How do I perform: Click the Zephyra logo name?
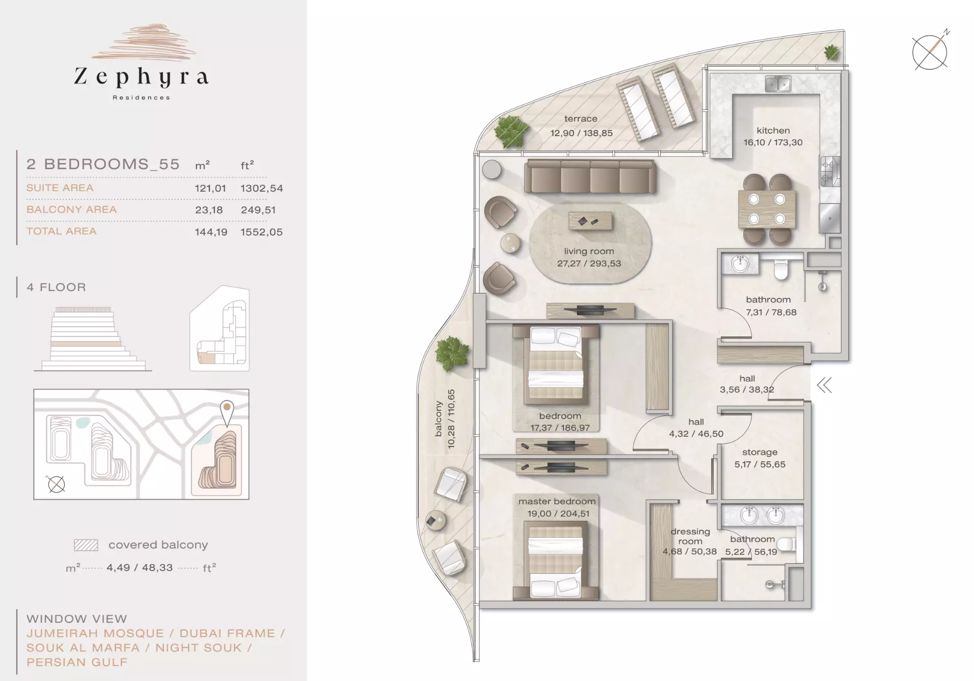click(142, 76)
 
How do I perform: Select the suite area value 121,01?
click(210, 188)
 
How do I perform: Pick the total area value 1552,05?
click(261, 232)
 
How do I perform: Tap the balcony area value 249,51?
click(258, 210)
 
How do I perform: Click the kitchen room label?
click(773, 130)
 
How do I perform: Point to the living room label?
click(589, 251)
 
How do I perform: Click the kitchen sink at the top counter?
click(778, 84)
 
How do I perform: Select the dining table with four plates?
click(767, 209)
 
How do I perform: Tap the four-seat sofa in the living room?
click(590, 176)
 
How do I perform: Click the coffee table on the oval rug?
click(590, 221)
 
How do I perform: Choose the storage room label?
click(760, 452)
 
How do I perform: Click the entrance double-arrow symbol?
click(824, 385)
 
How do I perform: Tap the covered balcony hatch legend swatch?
click(86, 545)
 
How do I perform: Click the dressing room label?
click(690, 536)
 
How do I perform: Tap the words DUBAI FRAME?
click(227, 634)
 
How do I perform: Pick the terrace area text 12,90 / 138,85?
click(581, 133)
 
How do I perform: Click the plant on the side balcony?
click(452, 353)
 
